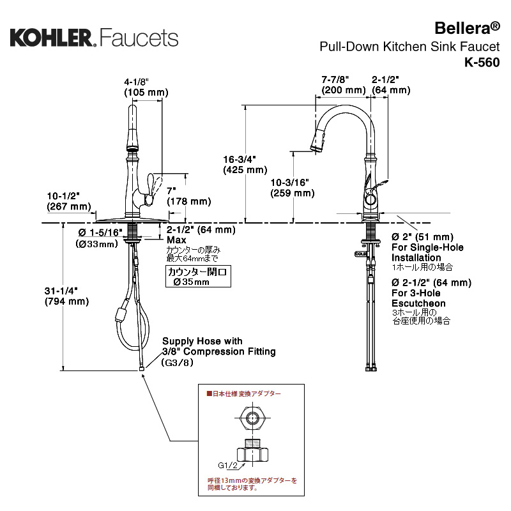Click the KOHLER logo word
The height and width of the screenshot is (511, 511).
[x=51, y=36]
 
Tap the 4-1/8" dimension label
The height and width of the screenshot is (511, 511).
[x=136, y=82]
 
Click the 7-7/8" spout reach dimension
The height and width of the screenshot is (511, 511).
[x=335, y=79]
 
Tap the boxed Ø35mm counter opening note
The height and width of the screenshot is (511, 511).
[x=196, y=277]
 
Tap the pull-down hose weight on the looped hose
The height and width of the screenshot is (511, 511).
[x=121, y=314]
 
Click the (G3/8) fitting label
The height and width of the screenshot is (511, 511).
[x=177, y=362]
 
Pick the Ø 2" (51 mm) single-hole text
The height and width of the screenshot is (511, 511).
[x=422, y=237]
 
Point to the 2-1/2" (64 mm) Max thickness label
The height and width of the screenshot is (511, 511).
[x=201, y=234]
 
